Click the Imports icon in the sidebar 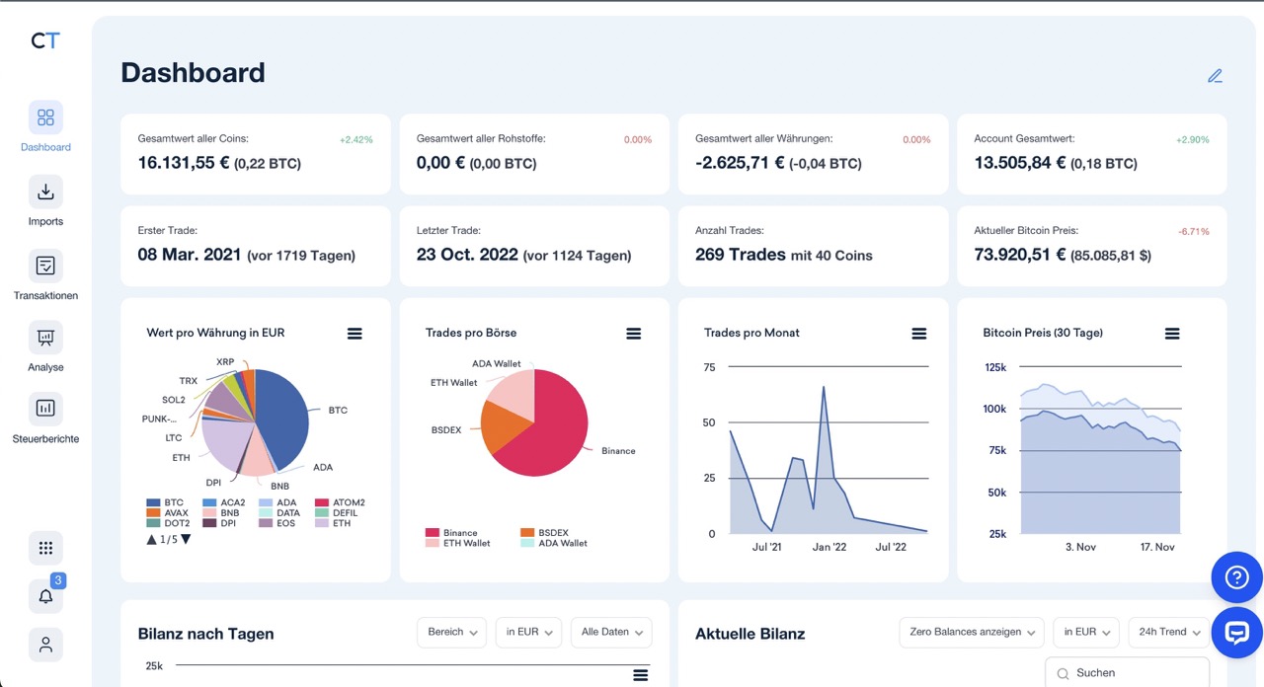coord(45,191)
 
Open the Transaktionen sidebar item coord(45,266)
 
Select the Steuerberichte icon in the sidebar coord(45,408)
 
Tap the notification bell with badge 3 coord(45,596)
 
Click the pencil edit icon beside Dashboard coord(1215,76)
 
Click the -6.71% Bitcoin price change coord(1193,232)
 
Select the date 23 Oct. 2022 coord(467,255)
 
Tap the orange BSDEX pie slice coord(504,426)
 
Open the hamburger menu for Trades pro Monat coord(918,334)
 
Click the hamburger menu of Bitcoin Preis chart coord(1172,334)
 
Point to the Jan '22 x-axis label coord(829,547)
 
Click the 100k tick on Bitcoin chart coord(994,409)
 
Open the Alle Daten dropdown coord(611,632)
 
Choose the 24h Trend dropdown coord(1169,632)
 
